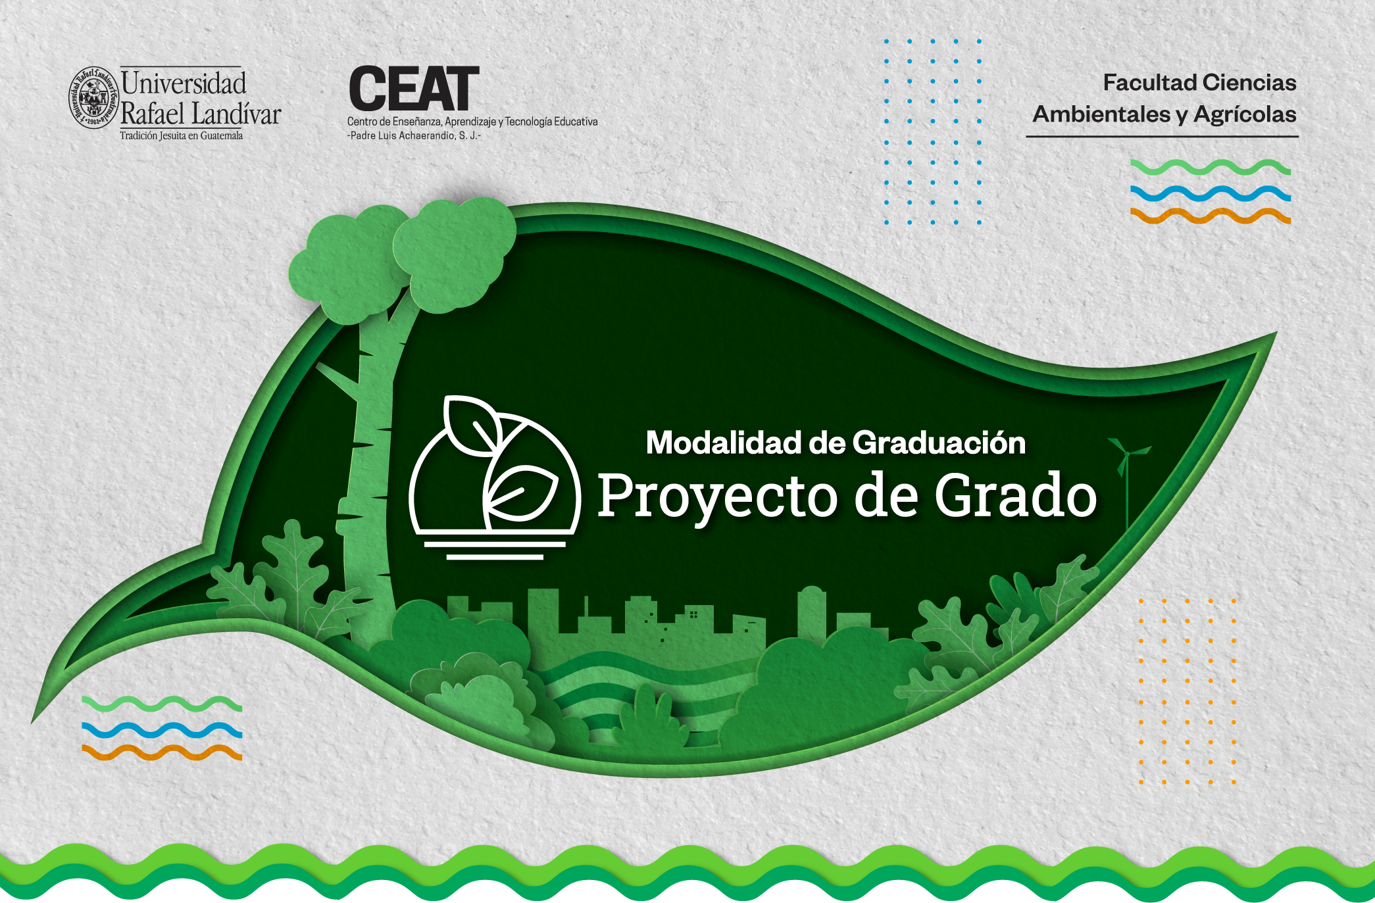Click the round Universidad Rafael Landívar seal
(93, 97)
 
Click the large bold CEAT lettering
(414, 89)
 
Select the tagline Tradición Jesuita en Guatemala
(181, 135)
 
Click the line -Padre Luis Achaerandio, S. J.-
(414, 135)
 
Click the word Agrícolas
(1245, 115)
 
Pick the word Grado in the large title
(1016, 495)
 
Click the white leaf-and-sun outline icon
(495, 477)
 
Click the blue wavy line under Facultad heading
(1211, 193)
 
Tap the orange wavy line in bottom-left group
(162, 752)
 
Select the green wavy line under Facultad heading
(1211, 167)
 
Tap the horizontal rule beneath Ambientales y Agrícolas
(1162, 137)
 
